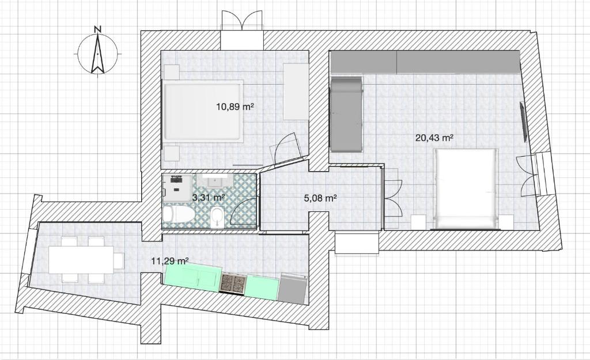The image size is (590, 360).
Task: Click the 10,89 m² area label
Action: pos(235,107)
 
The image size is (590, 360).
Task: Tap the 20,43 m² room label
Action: pos(434,138)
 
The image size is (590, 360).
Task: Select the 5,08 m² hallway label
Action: pos(320,198)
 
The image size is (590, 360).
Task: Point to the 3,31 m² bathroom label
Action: pos(208,198)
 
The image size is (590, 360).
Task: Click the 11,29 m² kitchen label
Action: pos(169,261)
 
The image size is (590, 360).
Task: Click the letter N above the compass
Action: pos(98,29)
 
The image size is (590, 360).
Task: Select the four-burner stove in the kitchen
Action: pos(233,283)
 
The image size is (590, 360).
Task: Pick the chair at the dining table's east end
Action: pos(118,261)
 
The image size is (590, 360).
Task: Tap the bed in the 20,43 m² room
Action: pos(467,188)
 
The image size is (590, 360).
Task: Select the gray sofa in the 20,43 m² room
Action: pos(346,113)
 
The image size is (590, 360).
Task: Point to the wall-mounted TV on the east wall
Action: pos(523,121)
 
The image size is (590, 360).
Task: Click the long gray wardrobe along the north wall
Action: pos(425,62)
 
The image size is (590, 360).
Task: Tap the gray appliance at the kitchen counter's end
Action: pos(292,288)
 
